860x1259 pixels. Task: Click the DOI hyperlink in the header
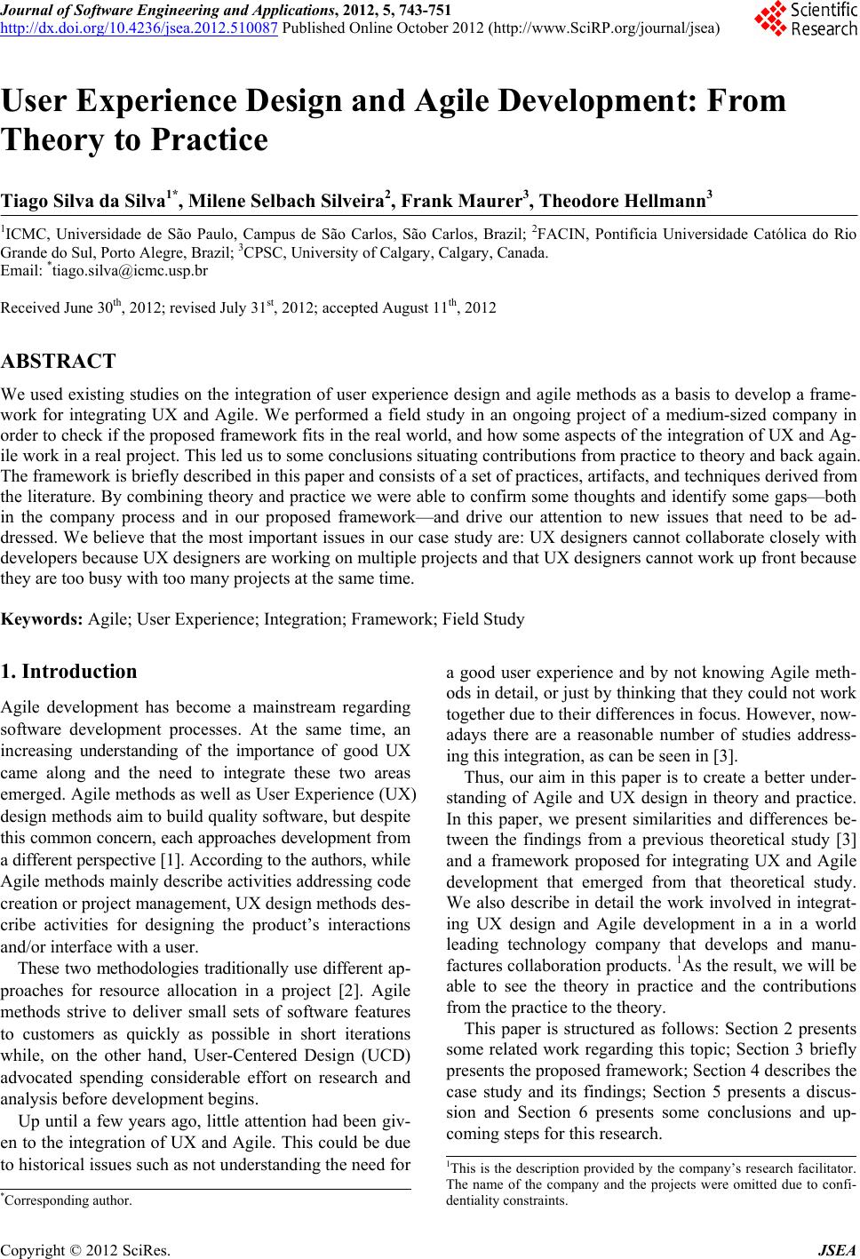click(x=140, y=27)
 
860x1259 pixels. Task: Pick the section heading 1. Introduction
click(x=69, y=672)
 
